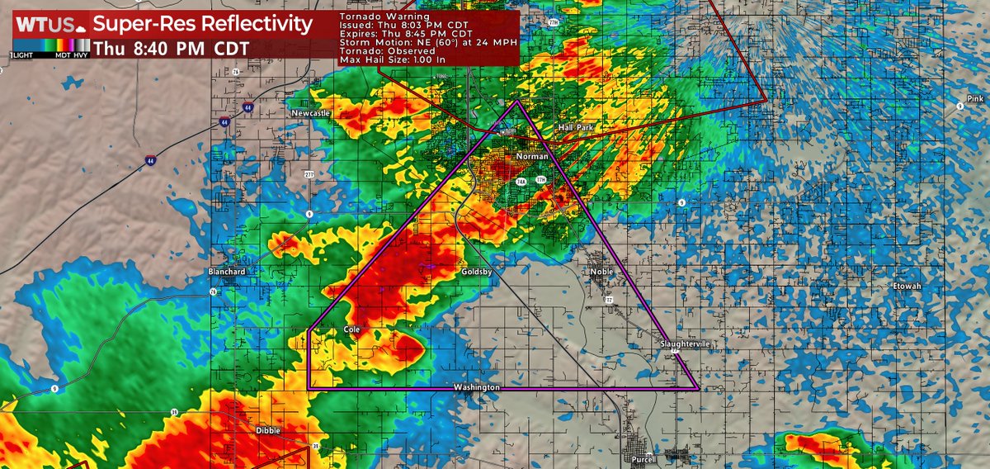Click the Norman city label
pyautogui.click(x=531, y=157)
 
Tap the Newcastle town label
pyautogui.click(x=310, y=112)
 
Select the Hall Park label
pyautogui.click(x=575, y=127)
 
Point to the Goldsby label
pyautogui.click(x=477, y=271)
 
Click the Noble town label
pyautogui.click(x=601, y=271)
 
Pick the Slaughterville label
pyautogui.click(x=684, y=343)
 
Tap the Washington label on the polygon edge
pyautogui.click(x=477, y=387)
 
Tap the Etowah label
pyautogui.click(x=906, y=286)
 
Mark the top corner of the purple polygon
pyautogui.click(x=517, y=102)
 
